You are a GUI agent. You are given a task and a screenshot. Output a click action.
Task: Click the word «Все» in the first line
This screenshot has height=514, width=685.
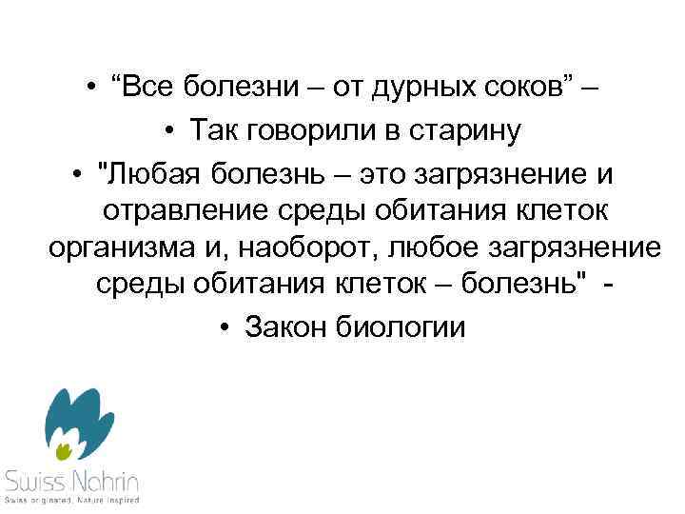click(155, 89)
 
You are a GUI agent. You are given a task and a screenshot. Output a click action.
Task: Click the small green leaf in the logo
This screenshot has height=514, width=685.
click(64, 445)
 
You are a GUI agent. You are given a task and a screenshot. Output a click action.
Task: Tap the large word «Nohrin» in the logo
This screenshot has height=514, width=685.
click(102, 479)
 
